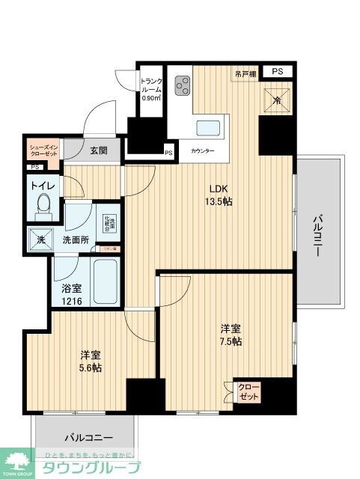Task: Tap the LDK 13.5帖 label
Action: click(218, 195)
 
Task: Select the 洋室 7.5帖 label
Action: click(231, 335)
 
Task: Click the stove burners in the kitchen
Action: click(181, 87)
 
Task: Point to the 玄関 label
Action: click(98, 150)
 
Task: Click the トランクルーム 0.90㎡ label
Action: click(150, 88)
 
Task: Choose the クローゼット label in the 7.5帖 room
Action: click(248, 391)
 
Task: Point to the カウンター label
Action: click(202, 151)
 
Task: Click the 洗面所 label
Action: click(76, 240)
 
